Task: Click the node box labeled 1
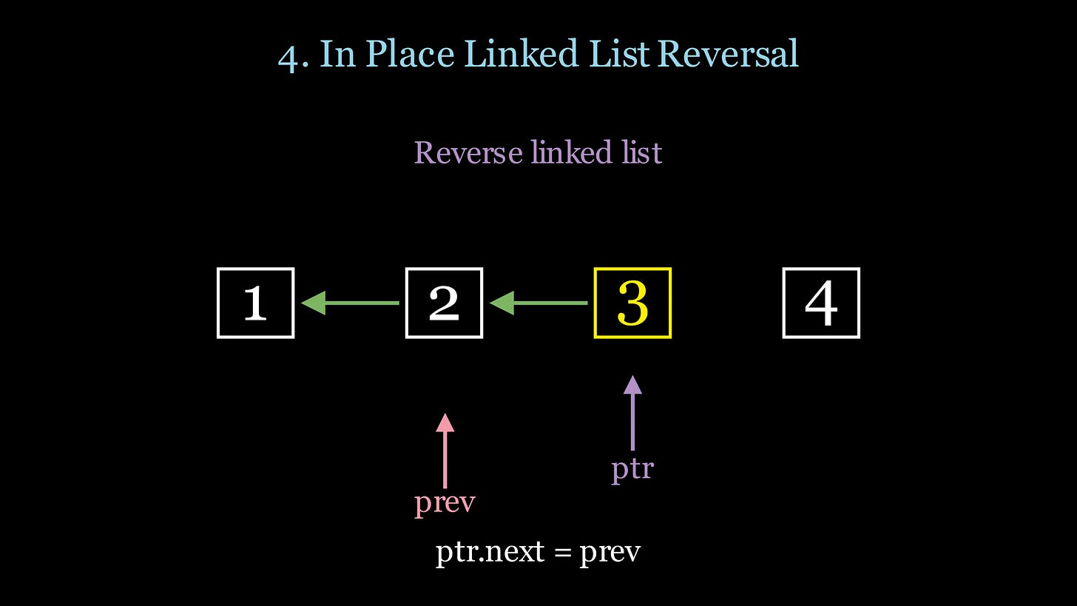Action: (255, 303)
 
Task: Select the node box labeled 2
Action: (444, 303)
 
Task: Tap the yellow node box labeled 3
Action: (632, 303)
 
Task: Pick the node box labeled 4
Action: (821, 303)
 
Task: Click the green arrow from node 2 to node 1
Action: (351, 303)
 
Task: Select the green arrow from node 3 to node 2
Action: (539, 303)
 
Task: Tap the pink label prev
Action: (445, 502)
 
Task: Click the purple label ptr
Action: (632, 468)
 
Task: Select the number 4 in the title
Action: (293, 55)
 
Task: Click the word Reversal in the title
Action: (728, 54)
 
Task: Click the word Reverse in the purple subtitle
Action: (469, 152)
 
